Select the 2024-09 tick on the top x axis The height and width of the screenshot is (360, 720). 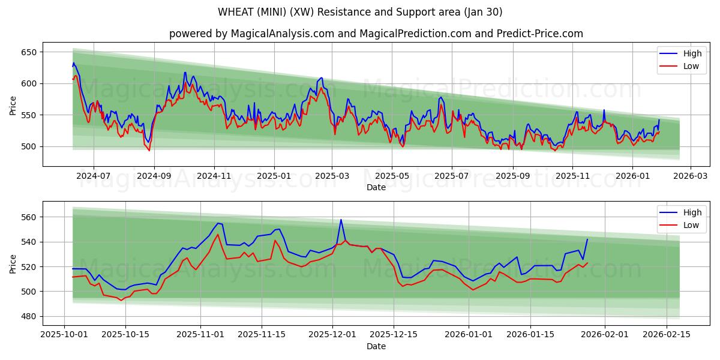pos(154,176)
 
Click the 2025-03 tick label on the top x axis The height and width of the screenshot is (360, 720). pos(332,176)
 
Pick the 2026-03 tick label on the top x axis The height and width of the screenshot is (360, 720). pos(690,176)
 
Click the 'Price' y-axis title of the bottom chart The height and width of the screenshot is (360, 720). pos(13,263)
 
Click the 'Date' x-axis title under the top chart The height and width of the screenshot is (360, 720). pos(376,187)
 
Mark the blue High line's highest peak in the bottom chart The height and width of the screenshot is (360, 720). pos(341,220)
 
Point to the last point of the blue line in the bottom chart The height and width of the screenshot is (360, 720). pos(587,239)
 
